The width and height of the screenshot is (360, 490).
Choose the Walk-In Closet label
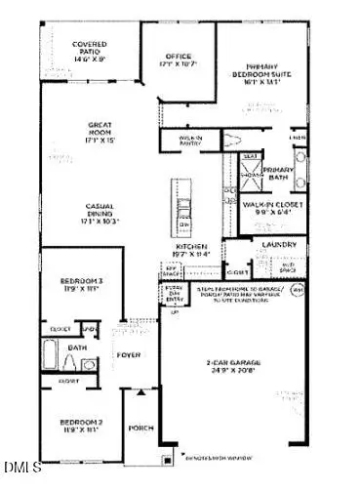coord(273,206)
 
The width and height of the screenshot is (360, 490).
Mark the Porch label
coord(140,427)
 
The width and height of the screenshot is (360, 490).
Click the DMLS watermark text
coord(18,480)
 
